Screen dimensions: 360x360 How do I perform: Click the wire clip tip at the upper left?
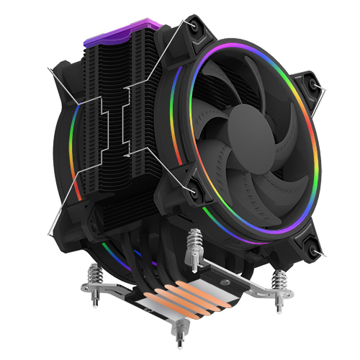tap(48, 70)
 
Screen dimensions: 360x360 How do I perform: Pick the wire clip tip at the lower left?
tap(49, 231)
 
